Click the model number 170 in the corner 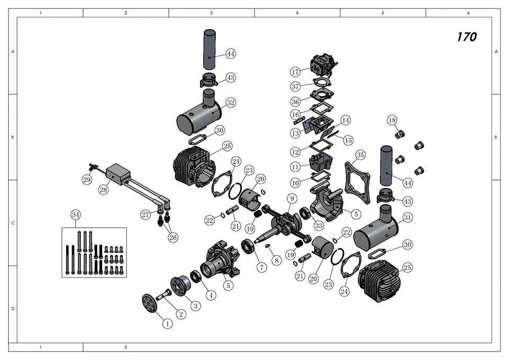[467, 37]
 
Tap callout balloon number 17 [295, 72]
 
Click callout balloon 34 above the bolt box [76, 215]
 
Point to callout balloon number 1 [168, 323]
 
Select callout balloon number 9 [292, 199]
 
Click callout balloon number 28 [103, 190]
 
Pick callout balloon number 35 [360, 155]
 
